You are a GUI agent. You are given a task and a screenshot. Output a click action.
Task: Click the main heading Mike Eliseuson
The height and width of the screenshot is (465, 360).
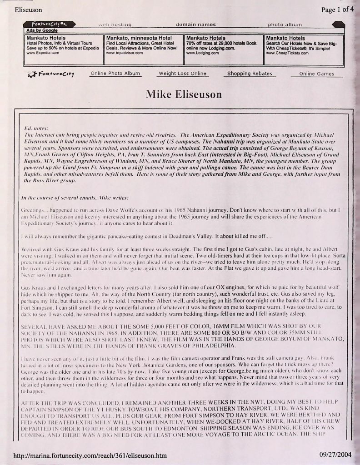point(184,94)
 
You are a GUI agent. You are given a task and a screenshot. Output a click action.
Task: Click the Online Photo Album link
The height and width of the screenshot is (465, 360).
point(115,74)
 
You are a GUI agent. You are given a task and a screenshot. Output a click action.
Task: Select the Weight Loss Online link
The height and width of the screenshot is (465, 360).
point(182,74)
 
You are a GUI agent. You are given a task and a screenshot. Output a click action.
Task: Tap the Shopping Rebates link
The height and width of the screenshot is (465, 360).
point(250,74)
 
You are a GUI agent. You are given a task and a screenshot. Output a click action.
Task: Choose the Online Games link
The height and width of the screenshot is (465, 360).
point(317,74)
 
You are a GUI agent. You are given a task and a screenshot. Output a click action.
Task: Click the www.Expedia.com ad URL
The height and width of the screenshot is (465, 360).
point(43,53)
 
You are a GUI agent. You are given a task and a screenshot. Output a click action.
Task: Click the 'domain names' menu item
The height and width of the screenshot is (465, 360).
point(196,24)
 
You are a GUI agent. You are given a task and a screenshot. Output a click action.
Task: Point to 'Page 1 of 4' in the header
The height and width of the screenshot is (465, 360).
point(337,10)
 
